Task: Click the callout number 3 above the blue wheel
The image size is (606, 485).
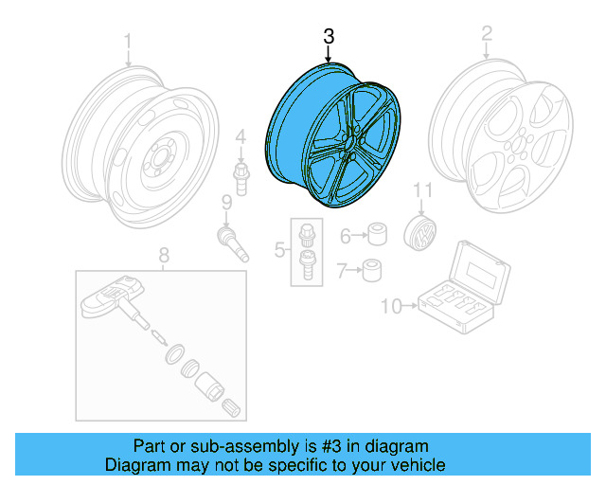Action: point(329,37)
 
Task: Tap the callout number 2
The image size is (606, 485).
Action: point(487,35)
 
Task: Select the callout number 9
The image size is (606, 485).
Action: point(226,201)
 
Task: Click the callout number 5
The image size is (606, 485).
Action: point(280,250)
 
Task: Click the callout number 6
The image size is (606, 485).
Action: point(346,235)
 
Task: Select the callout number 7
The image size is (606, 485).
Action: point(343,272)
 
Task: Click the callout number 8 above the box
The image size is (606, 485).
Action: point(163,254)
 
